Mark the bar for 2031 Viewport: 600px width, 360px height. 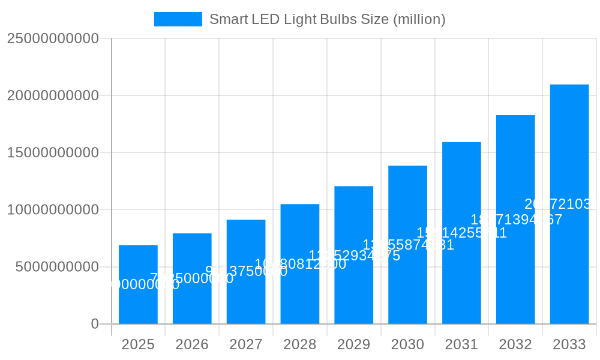[461, 270]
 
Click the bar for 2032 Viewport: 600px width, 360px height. [515, 264]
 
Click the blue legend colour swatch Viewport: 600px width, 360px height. [178, 19]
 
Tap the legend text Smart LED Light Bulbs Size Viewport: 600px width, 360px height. [327, 19]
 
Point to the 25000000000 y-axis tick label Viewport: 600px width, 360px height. [53, 38]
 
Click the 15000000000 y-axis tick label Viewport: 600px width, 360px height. [53, 152]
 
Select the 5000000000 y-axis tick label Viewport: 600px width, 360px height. [57, 267]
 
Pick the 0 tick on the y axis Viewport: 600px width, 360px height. [95, 324]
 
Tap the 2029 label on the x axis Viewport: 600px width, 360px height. [353, 344]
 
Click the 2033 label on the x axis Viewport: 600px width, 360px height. [569, 344]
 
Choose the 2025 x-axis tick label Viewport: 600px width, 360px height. [138, 344]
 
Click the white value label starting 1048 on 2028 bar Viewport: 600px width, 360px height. [301, 264]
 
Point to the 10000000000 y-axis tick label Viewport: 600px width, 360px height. [53, 210]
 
